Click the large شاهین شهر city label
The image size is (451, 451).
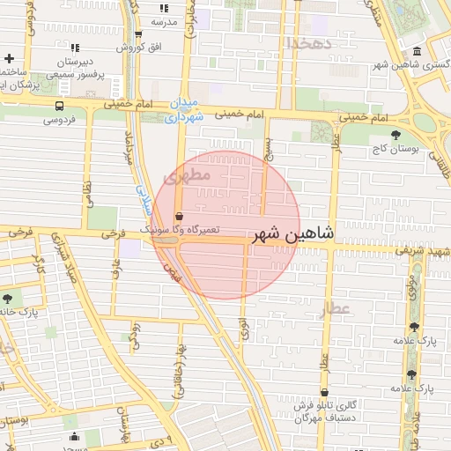293,234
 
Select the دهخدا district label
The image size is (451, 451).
307,41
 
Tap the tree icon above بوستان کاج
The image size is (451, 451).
396,134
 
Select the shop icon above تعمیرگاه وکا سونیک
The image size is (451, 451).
180,216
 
